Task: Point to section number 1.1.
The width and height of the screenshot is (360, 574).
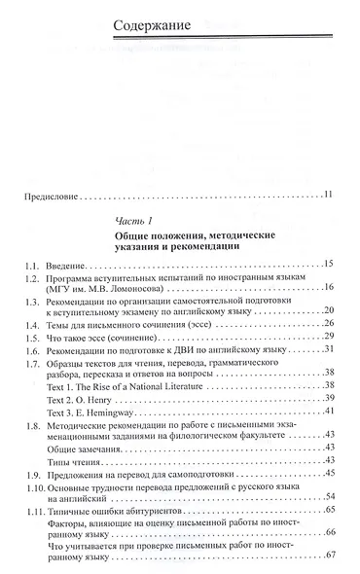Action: click(34, 264)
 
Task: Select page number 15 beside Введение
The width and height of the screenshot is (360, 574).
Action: click(330, 264)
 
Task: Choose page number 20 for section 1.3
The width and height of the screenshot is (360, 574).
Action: click(330, 310)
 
